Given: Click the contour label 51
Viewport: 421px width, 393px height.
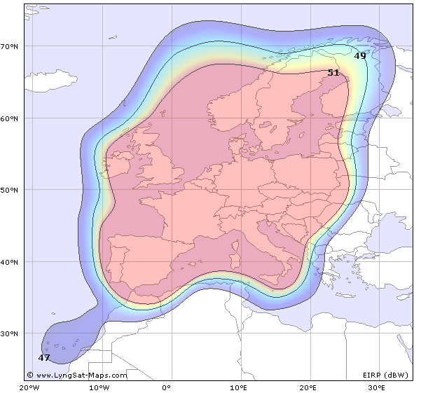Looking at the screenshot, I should coord(333,72).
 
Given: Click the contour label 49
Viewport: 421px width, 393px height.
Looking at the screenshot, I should coord(360,55).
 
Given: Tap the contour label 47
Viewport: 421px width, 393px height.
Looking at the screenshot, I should coord(44,357).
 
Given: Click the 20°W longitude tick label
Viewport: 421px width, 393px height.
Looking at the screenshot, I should coord(29,387).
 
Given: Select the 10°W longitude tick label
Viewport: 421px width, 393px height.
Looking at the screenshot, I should coord(97,387).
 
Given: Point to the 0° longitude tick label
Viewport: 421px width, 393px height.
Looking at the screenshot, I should coord(167,387).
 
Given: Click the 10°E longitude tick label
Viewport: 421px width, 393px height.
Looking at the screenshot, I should coord(238,387).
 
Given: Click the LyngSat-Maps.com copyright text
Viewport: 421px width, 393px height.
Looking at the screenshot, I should coord(77,375).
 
